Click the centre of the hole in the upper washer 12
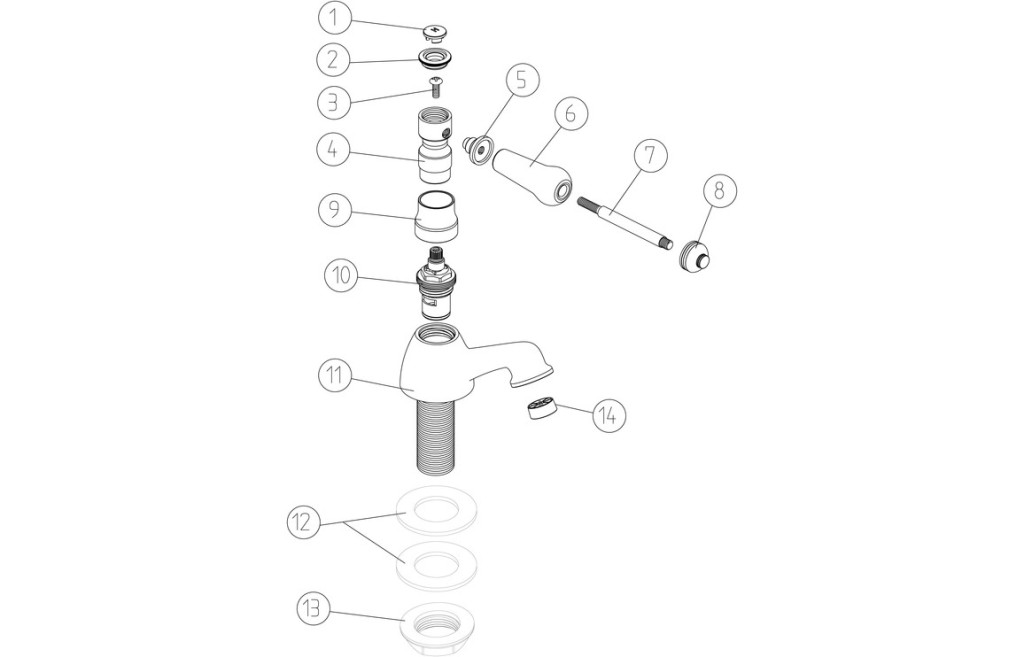(436, 506)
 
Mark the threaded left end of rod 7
(585, 202)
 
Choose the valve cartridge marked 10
(436, 285)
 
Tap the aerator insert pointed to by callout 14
(537, 409)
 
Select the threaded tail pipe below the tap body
(436, 434)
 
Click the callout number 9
(335, 210)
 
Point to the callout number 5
(521, 80)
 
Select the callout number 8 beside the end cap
(720, 191)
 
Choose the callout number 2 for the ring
(334, 60)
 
